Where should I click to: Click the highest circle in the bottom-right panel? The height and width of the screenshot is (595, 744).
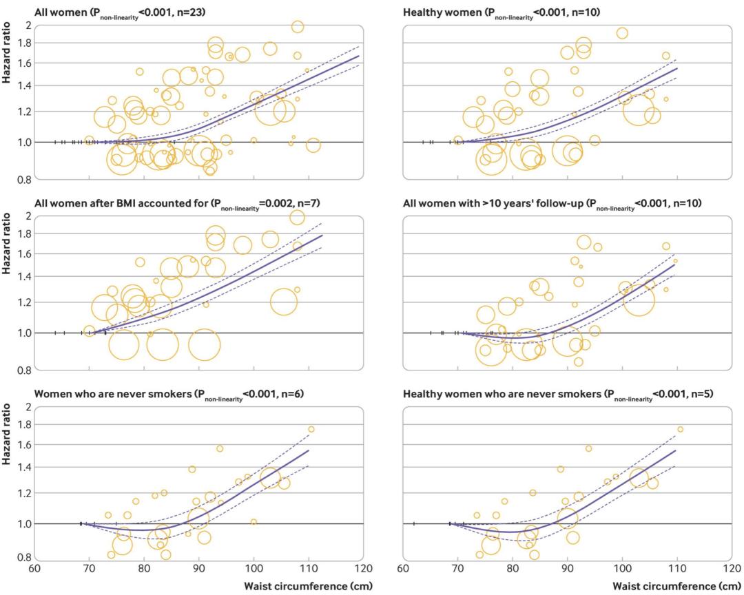click(680, 429)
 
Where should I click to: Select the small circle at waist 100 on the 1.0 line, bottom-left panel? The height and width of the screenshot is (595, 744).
click(254, 522)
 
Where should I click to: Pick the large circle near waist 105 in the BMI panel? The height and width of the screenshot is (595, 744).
click(283, 301)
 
